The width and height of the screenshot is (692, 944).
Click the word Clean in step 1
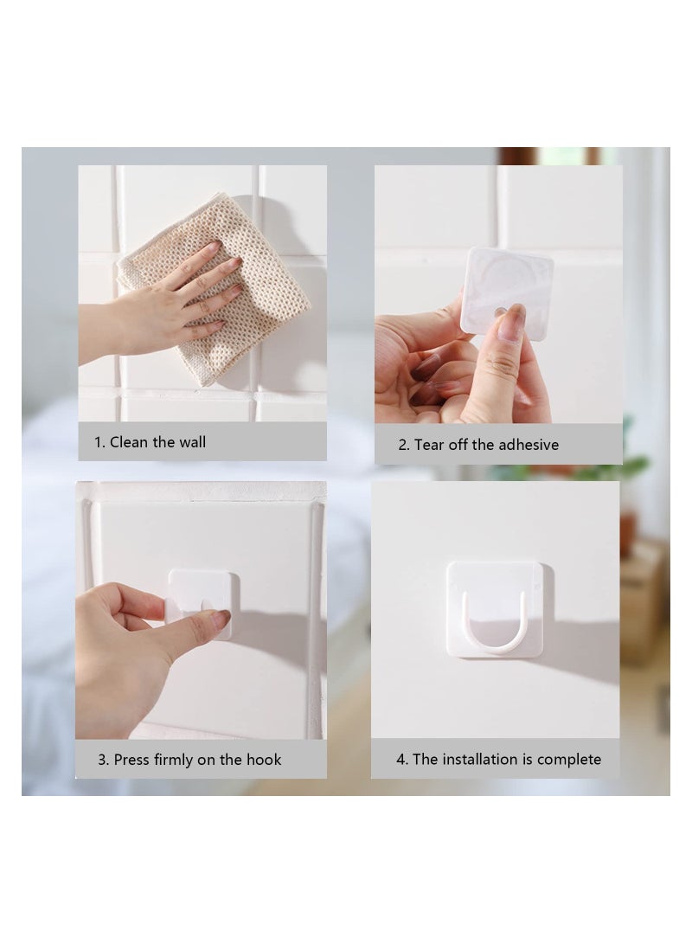click(129, 442)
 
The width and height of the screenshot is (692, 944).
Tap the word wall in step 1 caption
click(192, 442)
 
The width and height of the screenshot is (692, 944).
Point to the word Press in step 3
click(131, 760)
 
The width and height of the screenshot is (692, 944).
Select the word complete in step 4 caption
click(568, 760)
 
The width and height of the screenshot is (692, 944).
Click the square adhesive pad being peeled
click(506, 290)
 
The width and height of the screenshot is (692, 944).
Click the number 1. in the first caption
click(99, 442)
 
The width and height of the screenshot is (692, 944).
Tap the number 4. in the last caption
click(402, 760)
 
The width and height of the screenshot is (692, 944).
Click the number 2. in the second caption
click(404, 445)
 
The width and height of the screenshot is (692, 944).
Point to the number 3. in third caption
click(103, 760)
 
